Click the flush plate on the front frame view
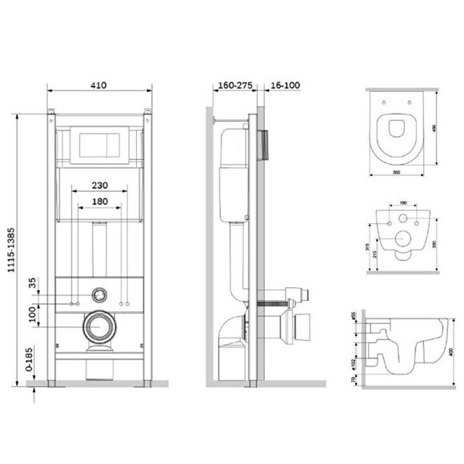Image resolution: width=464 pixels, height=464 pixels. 98,146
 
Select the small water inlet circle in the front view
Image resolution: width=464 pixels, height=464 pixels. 98,293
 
